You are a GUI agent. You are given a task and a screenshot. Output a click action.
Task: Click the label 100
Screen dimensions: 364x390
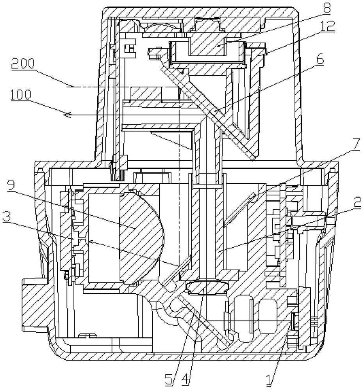coord(21,95)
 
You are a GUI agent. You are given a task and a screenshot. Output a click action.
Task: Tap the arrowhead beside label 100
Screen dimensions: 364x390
coord(67,115)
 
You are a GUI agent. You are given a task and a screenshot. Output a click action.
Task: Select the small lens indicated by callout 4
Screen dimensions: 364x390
coord(207,287)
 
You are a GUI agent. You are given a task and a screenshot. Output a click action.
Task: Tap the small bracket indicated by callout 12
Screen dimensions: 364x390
coord(257,53)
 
